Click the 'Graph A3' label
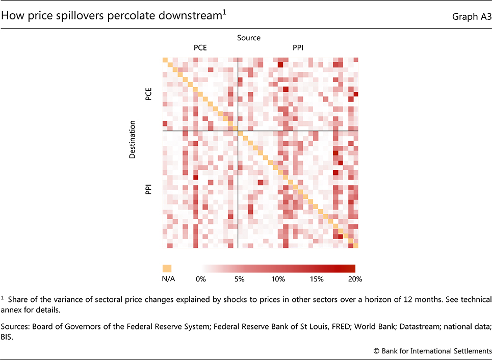[x=471, y=17]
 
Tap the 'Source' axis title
[x=249, y=38]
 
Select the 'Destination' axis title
[x=132, y=139]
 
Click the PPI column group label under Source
[x=298, y=49]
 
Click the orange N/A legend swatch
[x=167, y=268]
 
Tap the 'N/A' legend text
[x=167, y=279]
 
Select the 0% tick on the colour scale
[x=201, y=279]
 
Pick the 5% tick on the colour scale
[x=239, y=279]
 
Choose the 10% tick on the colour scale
[x=278, y=279]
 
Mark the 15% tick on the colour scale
[x=317, y=279]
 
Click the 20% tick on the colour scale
[x=354, y=279]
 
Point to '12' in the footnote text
[x=391, y=299]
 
